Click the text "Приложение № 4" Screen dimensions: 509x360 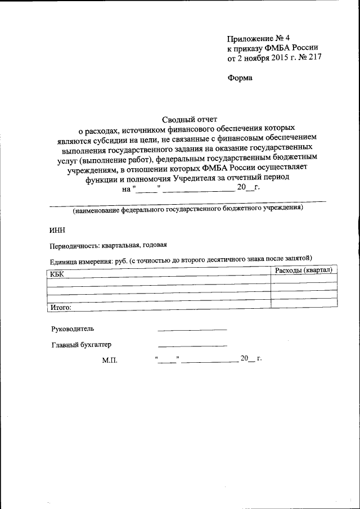click(x=256, y=38)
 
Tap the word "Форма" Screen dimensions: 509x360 click(x=240, y=78)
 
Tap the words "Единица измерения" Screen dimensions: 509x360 click(x=81, y=261)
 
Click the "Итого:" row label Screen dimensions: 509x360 click(x=61, y=307)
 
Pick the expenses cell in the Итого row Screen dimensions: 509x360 click(x=304, y=304)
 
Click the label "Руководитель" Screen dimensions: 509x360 click(x=73, y=328)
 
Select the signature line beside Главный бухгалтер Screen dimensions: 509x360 click(x=192, y=345)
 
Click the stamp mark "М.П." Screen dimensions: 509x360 click(x=110, y=360)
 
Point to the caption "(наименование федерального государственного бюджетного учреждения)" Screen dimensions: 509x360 click(x=187, y=209)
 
